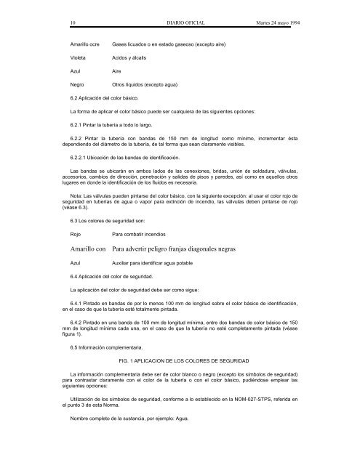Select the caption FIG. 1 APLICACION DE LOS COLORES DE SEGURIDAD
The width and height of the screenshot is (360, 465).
pyautogui.click(x=189, y=361)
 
